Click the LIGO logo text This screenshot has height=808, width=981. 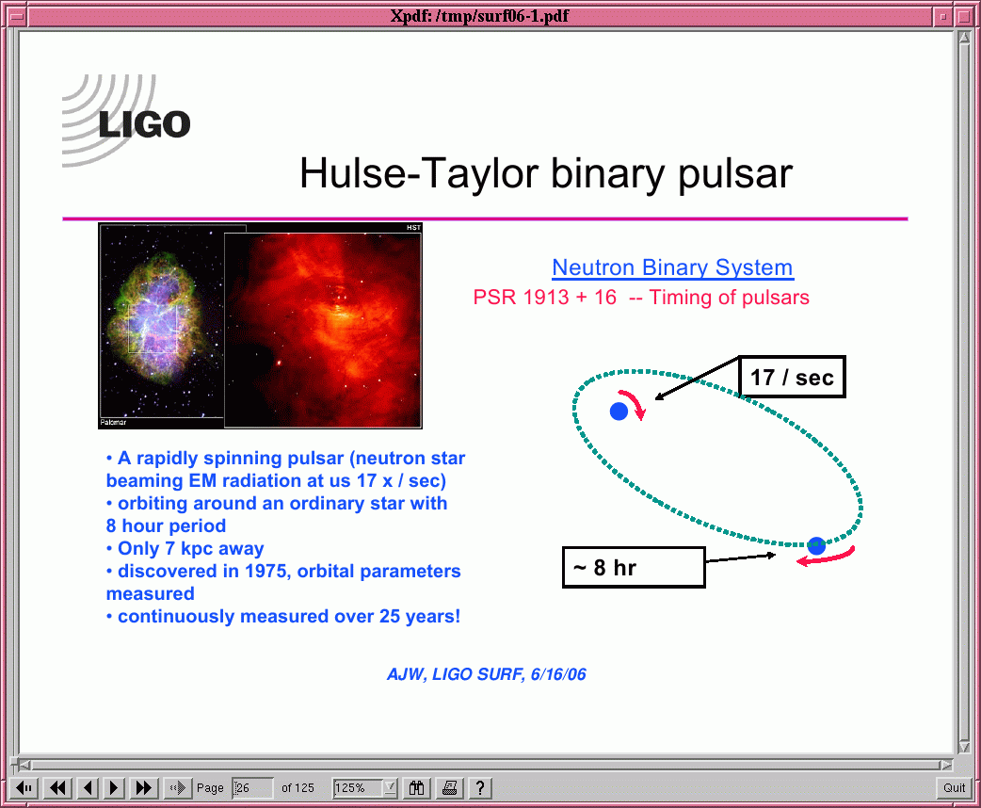145,124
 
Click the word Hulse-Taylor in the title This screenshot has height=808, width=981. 419,173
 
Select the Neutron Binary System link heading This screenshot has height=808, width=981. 672,267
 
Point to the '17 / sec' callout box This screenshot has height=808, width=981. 792,377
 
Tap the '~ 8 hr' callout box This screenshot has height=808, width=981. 634,567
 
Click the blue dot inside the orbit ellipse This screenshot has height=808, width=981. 619,412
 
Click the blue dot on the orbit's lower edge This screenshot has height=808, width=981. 816,546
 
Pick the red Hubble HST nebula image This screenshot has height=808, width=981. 323,330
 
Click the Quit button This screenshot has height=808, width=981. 954,787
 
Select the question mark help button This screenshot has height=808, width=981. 480,787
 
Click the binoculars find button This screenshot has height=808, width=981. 417,787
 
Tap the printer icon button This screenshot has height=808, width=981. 449,787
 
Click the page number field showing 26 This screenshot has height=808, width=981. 252,787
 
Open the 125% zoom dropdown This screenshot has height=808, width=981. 391,787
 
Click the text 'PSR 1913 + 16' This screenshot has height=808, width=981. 545,298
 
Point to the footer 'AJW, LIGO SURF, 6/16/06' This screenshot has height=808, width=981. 487,674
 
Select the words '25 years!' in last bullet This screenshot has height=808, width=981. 420,616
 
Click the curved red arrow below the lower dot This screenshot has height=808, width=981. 826,557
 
